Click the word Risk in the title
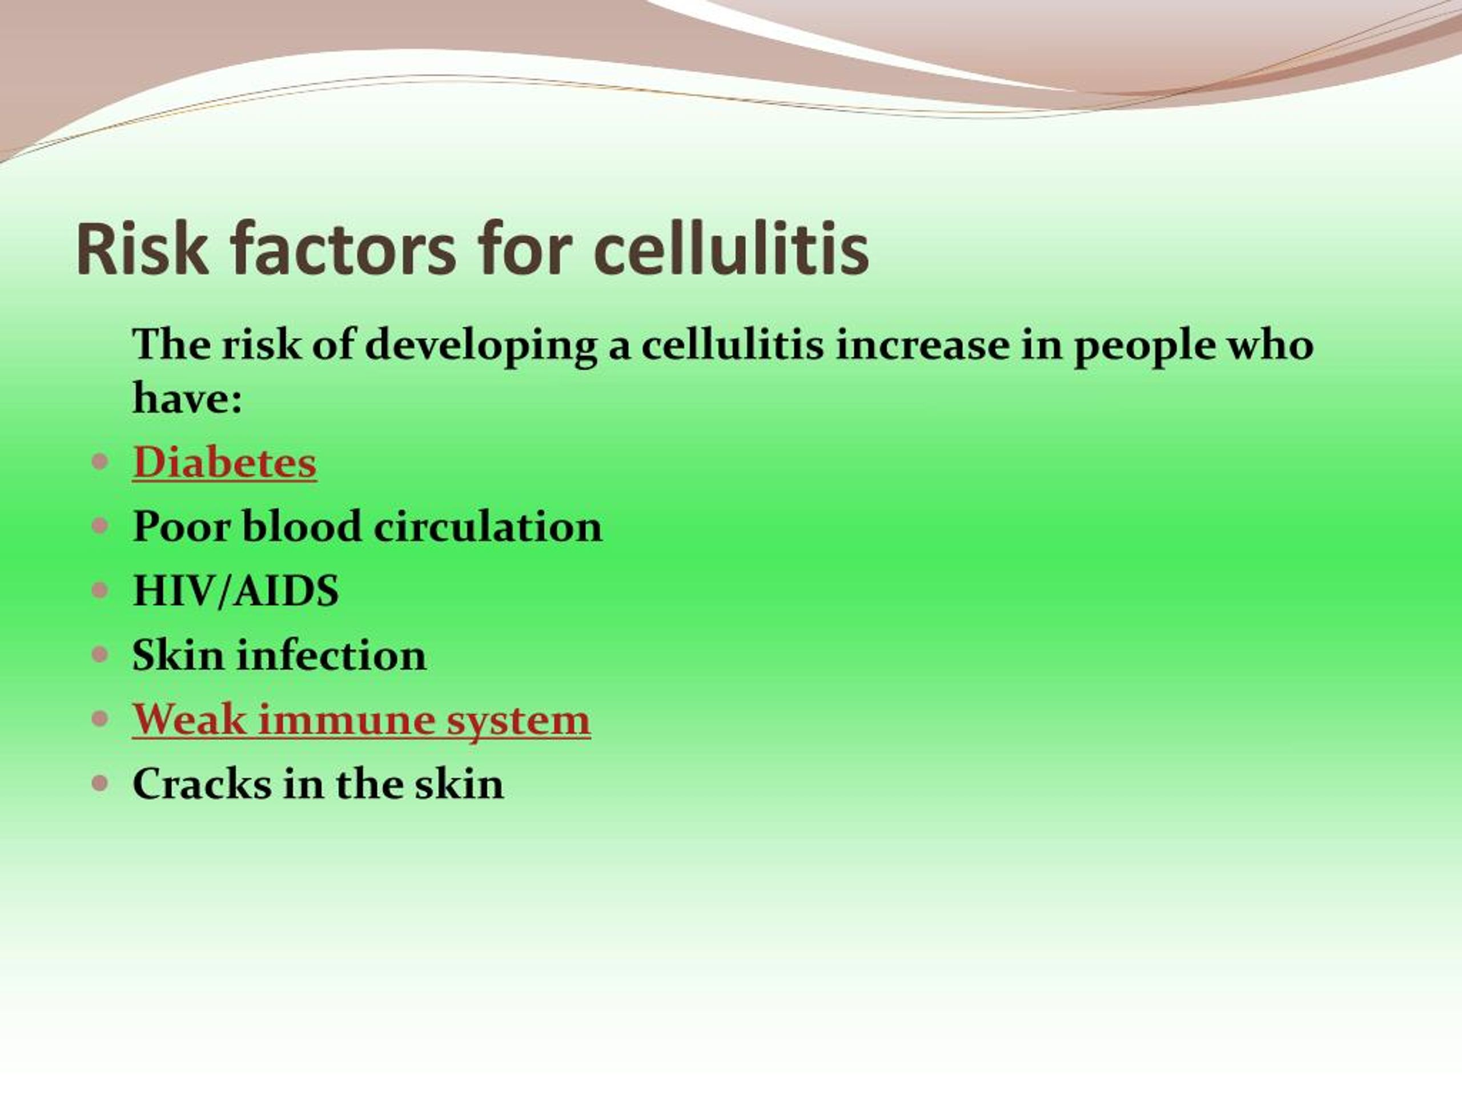(142, 249)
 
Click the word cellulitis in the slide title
(731, 248)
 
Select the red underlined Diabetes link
(224, 462)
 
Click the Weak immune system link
(362, 719)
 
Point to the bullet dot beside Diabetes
(100, 462)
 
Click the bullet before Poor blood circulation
(100, 526)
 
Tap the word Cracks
(202, 784)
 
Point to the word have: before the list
(188, 398)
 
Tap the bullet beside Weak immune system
(100, 719)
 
